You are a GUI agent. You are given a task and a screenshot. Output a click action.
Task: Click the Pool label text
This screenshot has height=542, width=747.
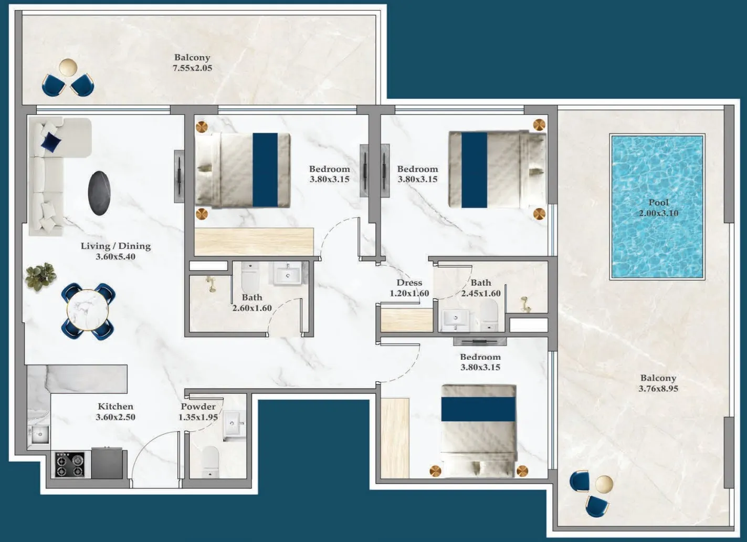658,203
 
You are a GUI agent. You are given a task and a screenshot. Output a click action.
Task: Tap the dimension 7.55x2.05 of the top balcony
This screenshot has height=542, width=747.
192,68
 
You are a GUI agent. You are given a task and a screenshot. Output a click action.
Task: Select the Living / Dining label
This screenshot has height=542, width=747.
115,246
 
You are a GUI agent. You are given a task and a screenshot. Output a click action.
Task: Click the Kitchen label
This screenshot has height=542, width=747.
115,407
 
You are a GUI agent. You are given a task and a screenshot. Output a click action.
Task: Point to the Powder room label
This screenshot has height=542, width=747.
198,407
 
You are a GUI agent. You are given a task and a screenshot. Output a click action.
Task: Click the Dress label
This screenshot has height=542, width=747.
409,283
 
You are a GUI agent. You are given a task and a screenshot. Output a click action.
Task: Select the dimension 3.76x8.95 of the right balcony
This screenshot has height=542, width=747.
658,389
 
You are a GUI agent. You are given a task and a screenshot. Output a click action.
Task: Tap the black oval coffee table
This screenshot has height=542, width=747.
99,193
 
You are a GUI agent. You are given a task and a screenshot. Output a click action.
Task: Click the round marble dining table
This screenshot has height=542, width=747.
88,311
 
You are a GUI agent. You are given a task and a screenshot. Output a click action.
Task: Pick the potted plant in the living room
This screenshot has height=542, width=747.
40,276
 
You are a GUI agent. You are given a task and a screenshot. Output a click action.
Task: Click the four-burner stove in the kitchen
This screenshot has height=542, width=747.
70,465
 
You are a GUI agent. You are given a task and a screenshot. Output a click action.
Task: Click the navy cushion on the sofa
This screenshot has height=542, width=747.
51,141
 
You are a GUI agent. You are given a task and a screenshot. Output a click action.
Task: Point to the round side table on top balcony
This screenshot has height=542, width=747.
68,67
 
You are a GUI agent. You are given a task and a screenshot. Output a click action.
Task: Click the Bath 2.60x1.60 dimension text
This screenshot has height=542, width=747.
252,308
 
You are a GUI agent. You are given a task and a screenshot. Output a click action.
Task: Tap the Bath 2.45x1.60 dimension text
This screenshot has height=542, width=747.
480,294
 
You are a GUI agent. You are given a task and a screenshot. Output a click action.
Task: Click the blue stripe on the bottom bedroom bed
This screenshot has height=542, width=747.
478,409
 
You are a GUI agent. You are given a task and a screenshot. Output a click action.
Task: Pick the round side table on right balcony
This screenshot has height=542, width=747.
604,483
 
